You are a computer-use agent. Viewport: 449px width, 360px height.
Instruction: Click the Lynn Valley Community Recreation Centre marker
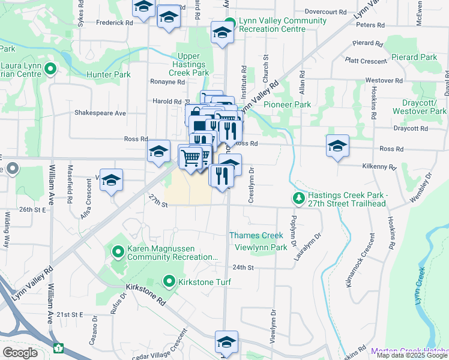coord(228,25)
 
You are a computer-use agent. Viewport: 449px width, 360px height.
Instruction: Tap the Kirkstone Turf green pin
coord(169,281)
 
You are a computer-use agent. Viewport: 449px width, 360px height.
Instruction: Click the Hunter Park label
coord(109,75)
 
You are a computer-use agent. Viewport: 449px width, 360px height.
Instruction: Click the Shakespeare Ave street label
coord(100,113)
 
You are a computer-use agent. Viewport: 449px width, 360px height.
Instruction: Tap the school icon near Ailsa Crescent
coord(111,181)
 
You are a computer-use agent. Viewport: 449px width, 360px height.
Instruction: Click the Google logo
coord(20,353)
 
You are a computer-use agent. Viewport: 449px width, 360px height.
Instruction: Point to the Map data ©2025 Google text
coord(412,355)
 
